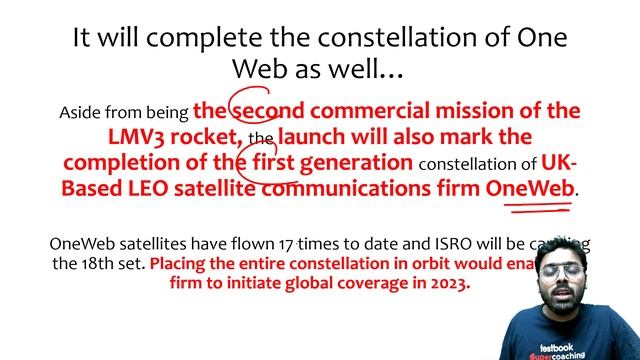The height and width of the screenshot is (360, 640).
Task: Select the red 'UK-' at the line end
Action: [560, 162]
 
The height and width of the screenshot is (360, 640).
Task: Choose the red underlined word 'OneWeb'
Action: [530, 188]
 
